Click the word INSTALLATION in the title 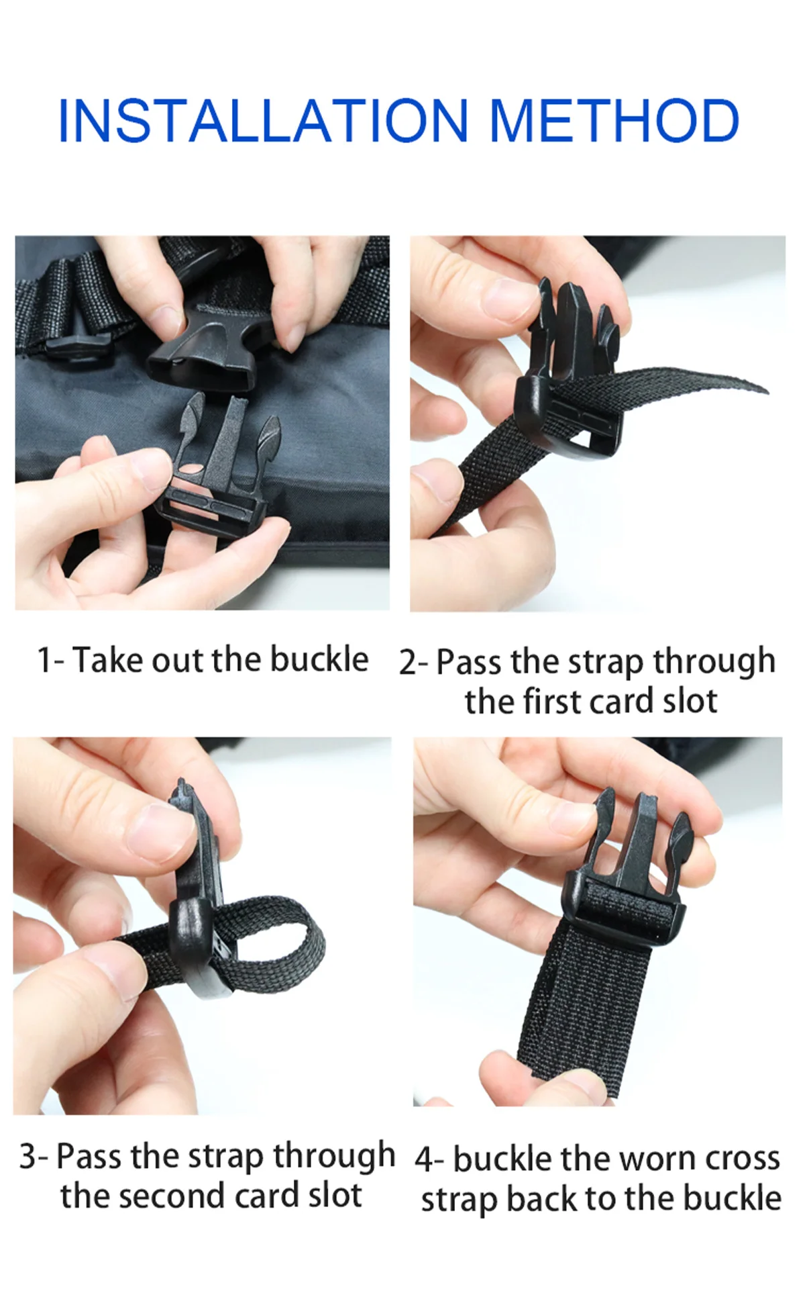point(263,121)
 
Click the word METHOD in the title point(614,121)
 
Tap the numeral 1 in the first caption point(44,660)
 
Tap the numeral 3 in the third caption point(28,1156)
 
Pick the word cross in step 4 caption point(743,1159)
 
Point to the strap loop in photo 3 point(275,947)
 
